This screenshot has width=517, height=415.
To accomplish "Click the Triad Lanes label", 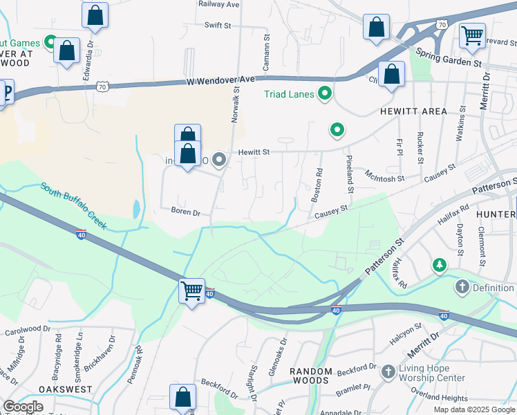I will pos(289,94).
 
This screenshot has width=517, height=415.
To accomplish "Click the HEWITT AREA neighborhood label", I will pos(413,111).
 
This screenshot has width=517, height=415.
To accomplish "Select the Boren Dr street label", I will pos(185,212).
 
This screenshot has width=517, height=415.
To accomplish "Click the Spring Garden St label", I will pos(449,57).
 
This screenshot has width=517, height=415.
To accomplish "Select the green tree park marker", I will pos(439,265).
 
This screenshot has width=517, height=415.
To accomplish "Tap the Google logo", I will pos(23,407).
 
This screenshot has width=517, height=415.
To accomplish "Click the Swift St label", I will pos(218,26).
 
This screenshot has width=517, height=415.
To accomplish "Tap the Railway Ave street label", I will pos(218,4).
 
